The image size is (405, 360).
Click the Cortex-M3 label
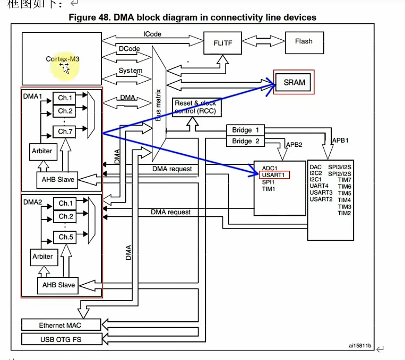(x=63, y=59)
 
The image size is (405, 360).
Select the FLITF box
(x=222, y=43)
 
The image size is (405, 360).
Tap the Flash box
(x=305, y=43)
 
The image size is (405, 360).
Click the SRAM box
(x=293, y=82)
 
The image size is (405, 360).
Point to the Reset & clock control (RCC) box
(x=197, y=107)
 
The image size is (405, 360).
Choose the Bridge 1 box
(x=245, y=130)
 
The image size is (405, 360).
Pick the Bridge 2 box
(x=245, y=141)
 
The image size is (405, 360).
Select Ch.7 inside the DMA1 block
(x=64, y=131)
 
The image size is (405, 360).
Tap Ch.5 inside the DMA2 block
(x=65, y=237)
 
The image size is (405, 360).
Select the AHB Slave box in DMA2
(x=58, y=285)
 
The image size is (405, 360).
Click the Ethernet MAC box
(x=61, y=325)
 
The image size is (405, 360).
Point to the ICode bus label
(x=152, y=34)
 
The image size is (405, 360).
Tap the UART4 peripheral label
(x=318, y=186)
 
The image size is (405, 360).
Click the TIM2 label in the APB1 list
(x=344, y=213)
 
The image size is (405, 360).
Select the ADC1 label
(x=270, y=168)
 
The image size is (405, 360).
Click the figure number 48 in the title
(x=105, y=17)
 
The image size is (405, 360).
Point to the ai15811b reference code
(x=360, y=346)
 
